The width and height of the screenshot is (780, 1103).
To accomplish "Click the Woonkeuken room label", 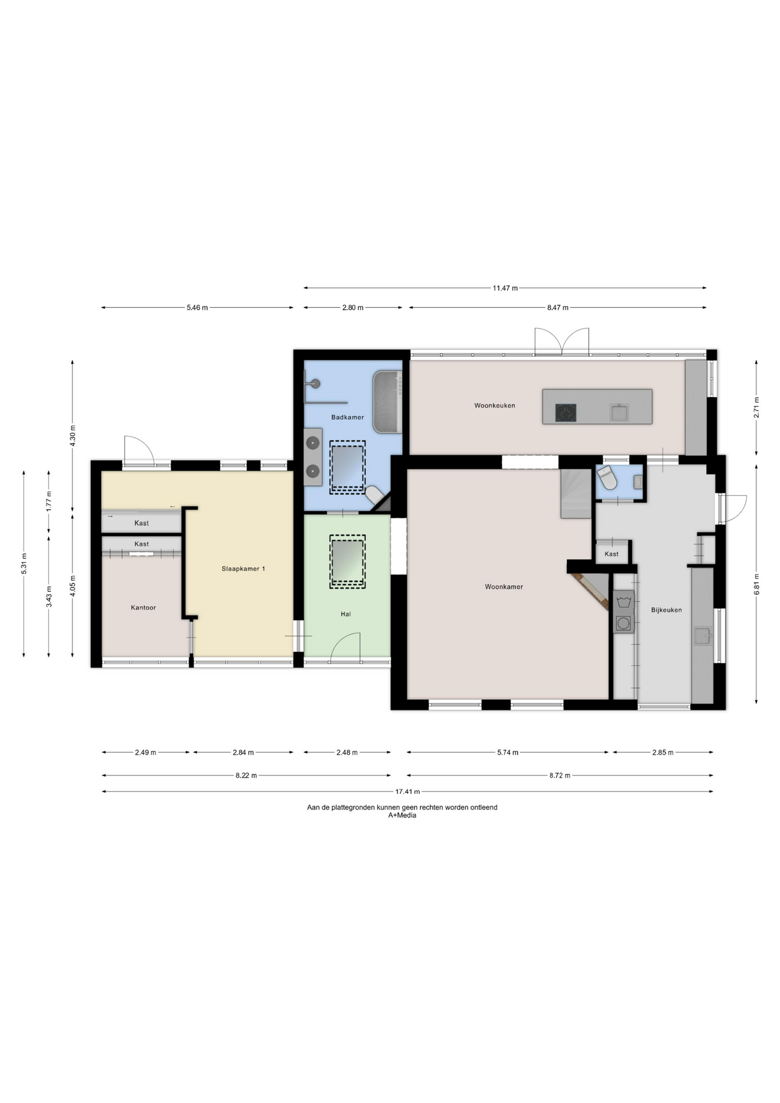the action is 495,406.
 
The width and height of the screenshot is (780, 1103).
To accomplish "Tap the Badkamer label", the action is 347,417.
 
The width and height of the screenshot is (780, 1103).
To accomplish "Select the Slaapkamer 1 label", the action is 244,569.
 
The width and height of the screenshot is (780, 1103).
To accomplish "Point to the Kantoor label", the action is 143,607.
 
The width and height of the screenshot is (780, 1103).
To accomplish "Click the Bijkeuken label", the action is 666,610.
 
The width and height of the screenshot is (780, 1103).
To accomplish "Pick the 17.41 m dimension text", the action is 407,792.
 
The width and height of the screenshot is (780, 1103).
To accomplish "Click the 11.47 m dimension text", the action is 505,288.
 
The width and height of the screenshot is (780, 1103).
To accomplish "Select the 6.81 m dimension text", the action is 756,584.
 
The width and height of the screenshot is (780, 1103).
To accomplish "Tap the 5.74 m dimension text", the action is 508,752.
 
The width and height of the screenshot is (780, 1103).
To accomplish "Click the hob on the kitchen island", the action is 566,412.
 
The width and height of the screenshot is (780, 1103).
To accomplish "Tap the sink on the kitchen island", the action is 619,412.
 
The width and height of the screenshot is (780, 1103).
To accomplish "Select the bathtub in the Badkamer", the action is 387,402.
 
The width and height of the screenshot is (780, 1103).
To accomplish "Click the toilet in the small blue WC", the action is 607,478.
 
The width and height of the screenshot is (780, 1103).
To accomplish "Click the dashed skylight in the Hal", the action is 347,562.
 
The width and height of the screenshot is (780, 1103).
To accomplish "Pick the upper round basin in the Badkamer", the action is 312,443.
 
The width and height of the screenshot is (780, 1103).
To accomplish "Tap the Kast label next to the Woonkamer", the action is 612,554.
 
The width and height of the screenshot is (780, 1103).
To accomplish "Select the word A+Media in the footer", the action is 402,815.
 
